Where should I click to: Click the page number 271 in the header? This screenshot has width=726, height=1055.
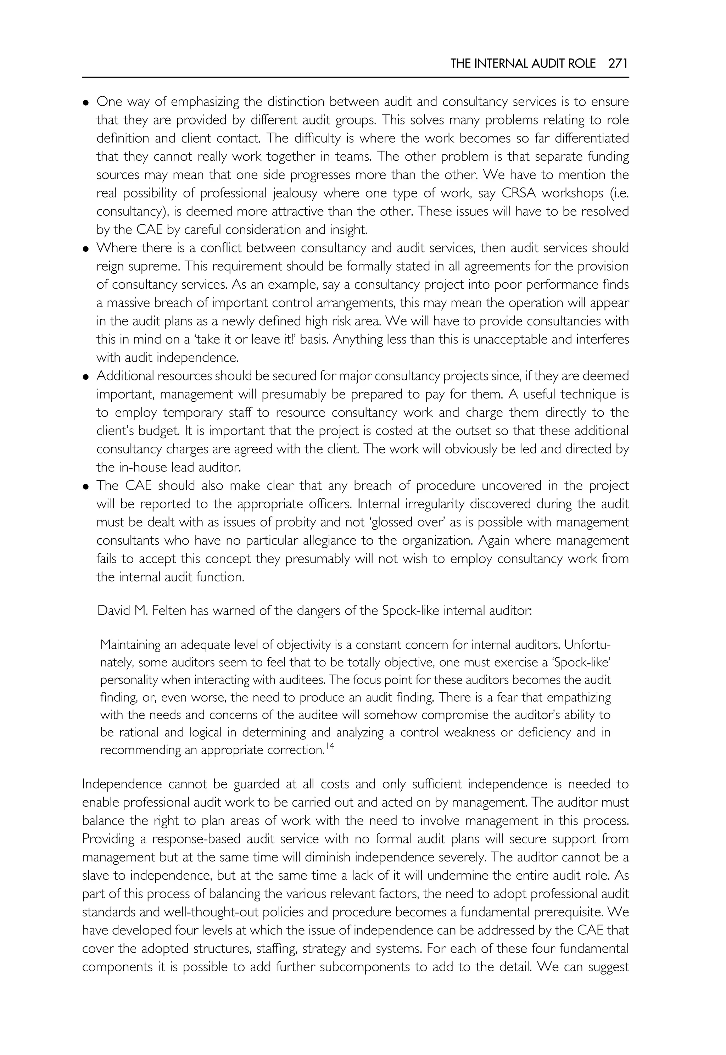(618, 64)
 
